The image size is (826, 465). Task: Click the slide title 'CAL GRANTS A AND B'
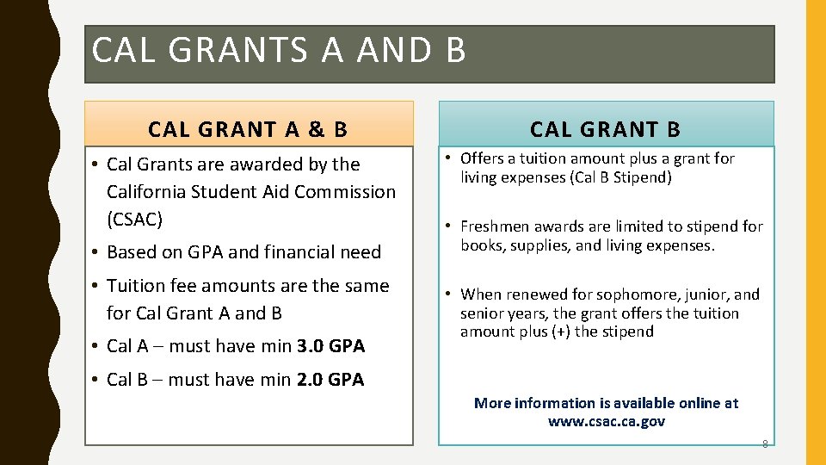click(x=279, y=51)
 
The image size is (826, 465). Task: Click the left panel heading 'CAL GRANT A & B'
click(x=248, y=129)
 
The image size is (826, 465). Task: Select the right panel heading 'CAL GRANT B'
click(x=605, y=129)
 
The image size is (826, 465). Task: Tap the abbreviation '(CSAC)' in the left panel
click(x=135, y=219)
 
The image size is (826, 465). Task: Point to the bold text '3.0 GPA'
click(x=330, y=346)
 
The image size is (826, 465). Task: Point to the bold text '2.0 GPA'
click(x=330, y=379)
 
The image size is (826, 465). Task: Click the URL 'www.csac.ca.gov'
click(x=606, y=421)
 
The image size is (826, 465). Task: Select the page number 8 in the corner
click(x=764, y=444)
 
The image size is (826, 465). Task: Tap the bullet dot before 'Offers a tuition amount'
click(x=450, y=158)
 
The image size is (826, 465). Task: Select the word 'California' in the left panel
click(x=151, y=191)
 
